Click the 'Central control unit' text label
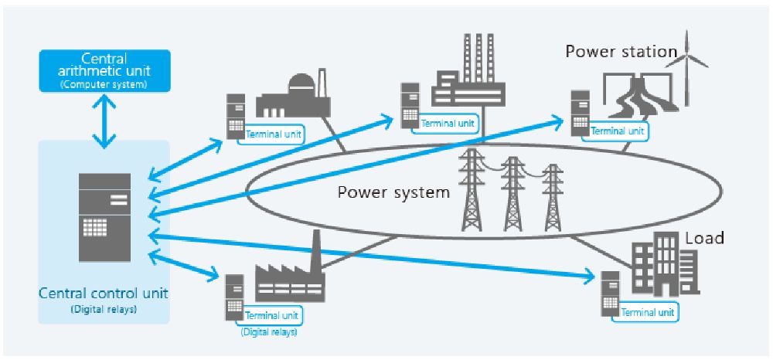[104, 294]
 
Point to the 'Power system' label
[393, 192]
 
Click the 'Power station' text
[621, 52]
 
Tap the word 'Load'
[704, 238]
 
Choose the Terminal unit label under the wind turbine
[617, 131]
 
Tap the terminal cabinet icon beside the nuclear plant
[235, 116]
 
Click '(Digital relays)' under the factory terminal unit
[269, 332]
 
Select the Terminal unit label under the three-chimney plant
[448, 123]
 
